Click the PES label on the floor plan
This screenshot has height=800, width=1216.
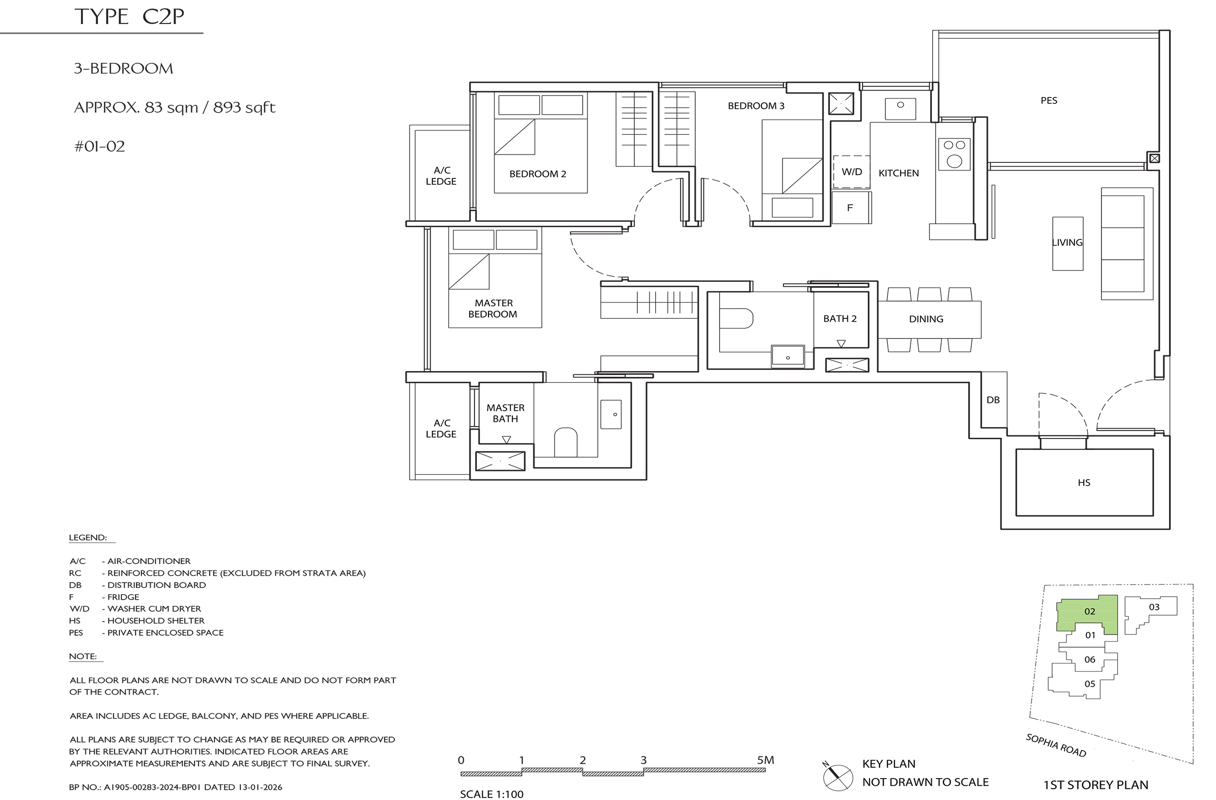pos(1049,100)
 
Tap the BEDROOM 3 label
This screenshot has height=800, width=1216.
pos(756,106)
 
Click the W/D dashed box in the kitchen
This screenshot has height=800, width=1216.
pos(852,172)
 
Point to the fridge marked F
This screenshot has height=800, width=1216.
pos(851,207)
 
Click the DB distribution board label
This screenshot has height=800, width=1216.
pos(993,400)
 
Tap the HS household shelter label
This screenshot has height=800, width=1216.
pos(1084,483)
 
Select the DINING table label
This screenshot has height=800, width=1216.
pos(926,319)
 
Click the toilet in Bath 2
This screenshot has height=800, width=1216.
pos(736,318)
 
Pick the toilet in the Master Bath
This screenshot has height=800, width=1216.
pos(566,442)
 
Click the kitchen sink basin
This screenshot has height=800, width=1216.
pos(900,109)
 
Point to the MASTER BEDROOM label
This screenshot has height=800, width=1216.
pos(493,309)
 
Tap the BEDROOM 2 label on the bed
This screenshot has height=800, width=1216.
pos(537,174)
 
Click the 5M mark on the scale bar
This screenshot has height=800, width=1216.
pos(765,760)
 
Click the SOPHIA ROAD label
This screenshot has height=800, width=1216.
pos(1056,745)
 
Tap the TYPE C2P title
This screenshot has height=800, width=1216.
pos(129,17)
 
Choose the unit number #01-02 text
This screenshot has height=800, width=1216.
pos(99,147)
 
